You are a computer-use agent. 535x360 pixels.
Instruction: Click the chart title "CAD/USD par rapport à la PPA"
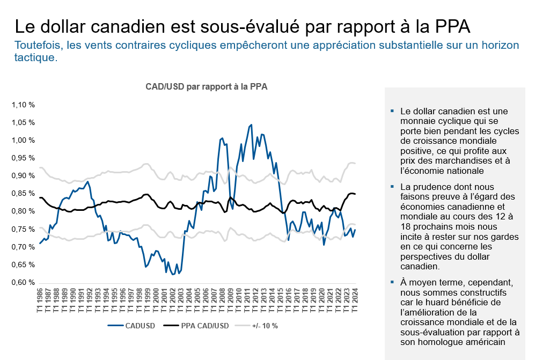click(x=207, y=86)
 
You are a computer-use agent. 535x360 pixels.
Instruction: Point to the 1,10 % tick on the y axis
click(x=23, y=105)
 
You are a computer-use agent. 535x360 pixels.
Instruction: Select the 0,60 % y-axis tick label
click(x=23, y=283)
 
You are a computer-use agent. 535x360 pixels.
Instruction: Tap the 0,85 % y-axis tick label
click(x=23, y=194)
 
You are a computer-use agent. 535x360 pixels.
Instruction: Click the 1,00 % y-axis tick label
click(x=23, y=141)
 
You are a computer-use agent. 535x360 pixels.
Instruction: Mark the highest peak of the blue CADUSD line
click(x=251, y=125)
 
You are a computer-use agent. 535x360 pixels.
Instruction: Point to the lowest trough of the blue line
click(x=172, y=274)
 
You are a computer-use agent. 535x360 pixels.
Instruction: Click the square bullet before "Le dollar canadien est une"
click(x=393, y=112)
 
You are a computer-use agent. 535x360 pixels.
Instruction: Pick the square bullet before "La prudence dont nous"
click(x=393, y=187)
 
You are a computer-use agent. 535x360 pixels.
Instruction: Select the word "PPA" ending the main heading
click(x=450, y=27)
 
